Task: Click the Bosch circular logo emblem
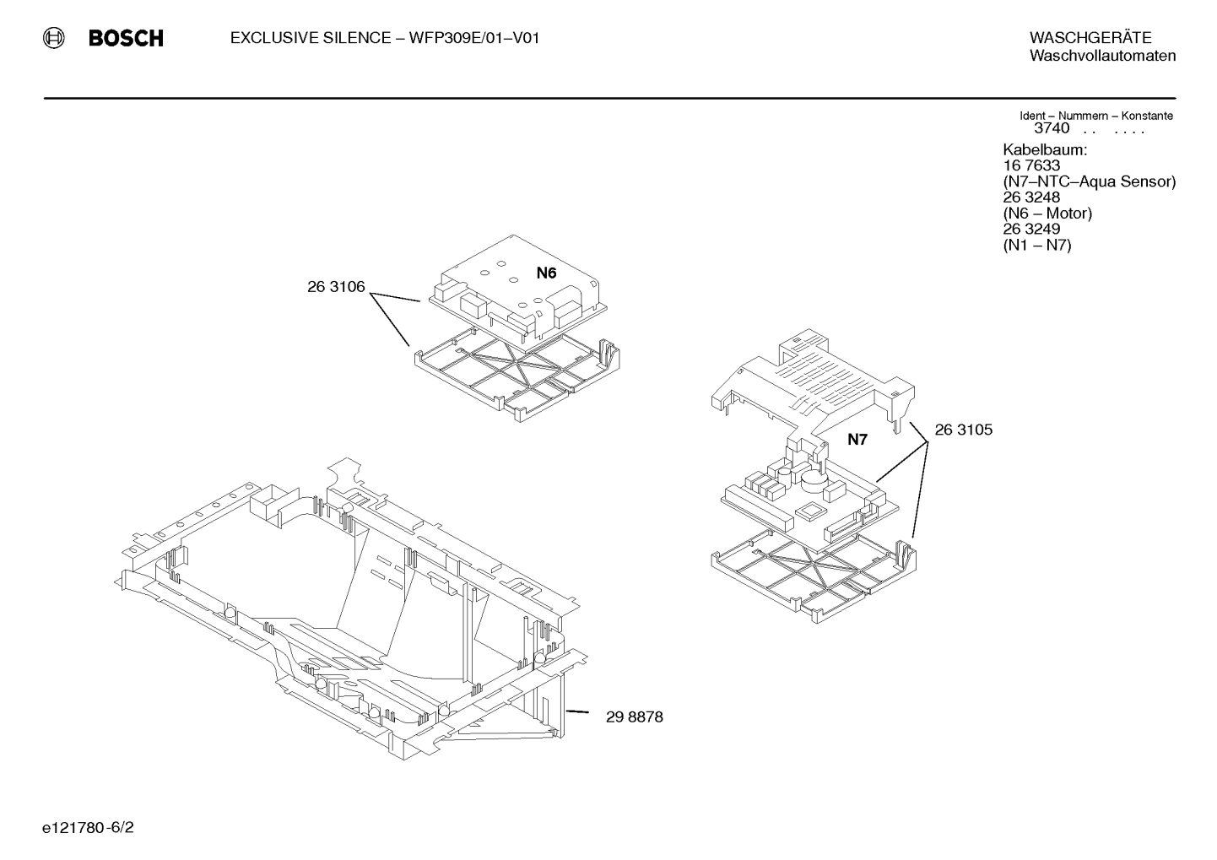(x=53, y=38)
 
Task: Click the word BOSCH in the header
(x=126, y=38)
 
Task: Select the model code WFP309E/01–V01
(x=474, y=38)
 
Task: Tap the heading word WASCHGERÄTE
(x=1090, y=37)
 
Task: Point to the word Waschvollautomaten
(x=1103, y=56)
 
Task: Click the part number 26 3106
(x=336, y=287)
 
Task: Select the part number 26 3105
(x=964, y=430)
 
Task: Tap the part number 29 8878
(x=635, y=717)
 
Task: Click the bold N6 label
(x=547, y=273)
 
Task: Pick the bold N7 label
(x=857, y=440)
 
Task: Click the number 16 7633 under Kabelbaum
(x=1031, y=165)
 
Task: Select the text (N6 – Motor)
(x=1047, y=213)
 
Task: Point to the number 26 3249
(x=1031, y=229)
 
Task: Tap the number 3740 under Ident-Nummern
(x=1052, y=128)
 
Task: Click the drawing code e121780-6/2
(x=88, y=828)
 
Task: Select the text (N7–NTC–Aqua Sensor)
(x=1090, y=181)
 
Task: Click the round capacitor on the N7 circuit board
(x=813, y=480)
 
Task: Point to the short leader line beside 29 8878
(x=577, y=711)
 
